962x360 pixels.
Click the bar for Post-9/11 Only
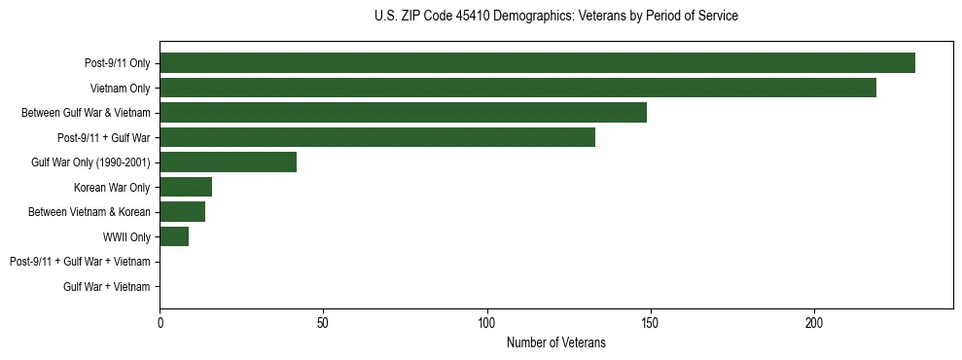tap(537, 63)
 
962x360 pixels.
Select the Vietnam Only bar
tap(517, 88)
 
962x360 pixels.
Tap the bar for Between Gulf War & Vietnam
tap(403, 113)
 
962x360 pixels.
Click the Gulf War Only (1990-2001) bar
tap(228, 162)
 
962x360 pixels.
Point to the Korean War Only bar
tap(186, 187)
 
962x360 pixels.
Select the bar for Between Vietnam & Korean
tap(182, 212)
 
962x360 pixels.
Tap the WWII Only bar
tap(174, 236)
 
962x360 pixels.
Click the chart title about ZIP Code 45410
tap(555, 17)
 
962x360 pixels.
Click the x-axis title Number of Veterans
tap(555, 342)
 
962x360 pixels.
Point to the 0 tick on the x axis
tap(160, 322)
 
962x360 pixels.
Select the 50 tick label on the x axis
tap(323, 322)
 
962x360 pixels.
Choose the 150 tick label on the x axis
tap(651, 322)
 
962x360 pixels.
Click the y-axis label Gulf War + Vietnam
tap(107, 286)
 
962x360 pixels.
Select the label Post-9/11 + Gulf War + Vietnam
tap(80, 262)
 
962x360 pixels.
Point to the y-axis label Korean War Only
tap(112, 187)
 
